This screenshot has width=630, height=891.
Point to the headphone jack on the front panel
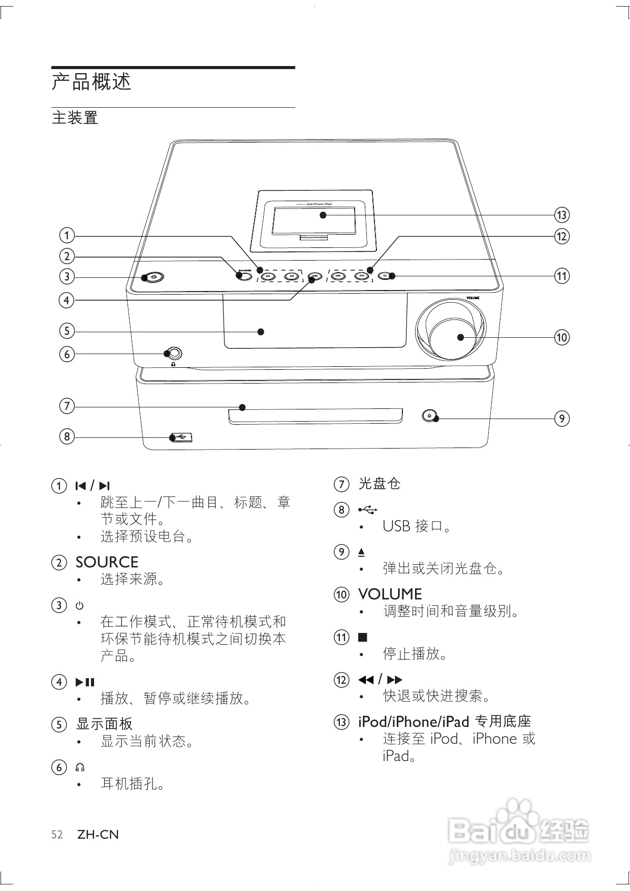pyautogui.click(x=174, y=354)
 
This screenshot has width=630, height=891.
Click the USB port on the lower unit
pyautogui.click(x=182, y=437)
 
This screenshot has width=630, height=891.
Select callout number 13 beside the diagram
pyautogui.click(x=561, y=215)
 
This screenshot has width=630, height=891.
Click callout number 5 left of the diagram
pyautogui.click(x=67, y=331)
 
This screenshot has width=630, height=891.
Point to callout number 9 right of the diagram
pyautogui.click(x=561, y=419)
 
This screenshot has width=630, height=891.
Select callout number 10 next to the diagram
pyautogui.click(x=561, y=337)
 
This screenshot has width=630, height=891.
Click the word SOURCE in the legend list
pyautogui.click(x=107, y=562)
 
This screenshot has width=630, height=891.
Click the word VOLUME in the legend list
pyautogui.click(x=390, y=594)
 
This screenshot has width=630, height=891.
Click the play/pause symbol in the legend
pyautogui.click(x=85, y=682)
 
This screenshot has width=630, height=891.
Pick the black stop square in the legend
pyautogui.click(x=362, y=637)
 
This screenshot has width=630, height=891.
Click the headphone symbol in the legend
pyautogui.click(x=80, y=767)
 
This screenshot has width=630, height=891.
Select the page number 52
pyautogui.click(x=57, y=835)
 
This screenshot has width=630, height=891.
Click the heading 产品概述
pyautogui.click(x=91, y=82)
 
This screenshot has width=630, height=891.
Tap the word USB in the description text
pyautogui.click(x=396, y=526)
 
